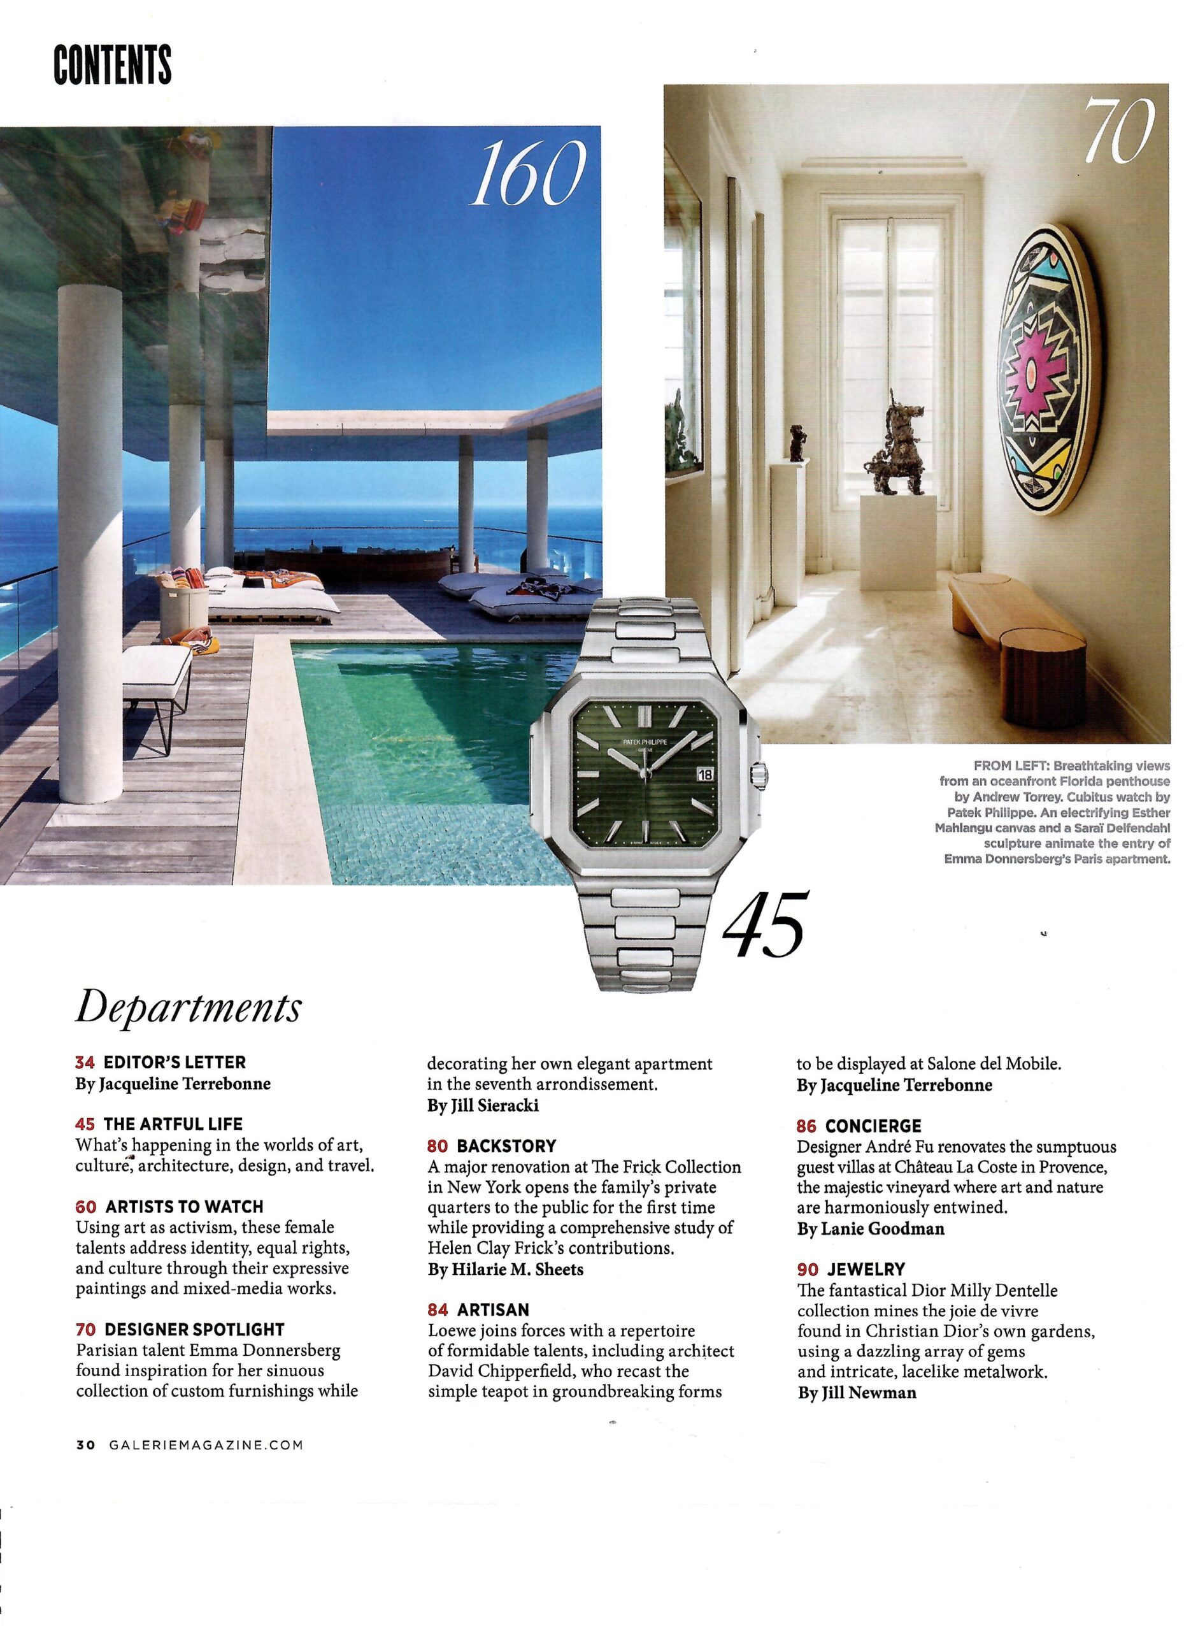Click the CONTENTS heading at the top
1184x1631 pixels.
pyautogui.click(x=113, y=65)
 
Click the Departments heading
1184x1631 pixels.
pyautogui.click(x=188, y=1009)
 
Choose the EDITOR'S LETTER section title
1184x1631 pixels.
pyautogui.click(x=175, y=1062)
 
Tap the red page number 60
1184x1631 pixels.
pyautogui.click(x=85, y=1206)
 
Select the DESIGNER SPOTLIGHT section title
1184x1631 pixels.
pyautogui.click(x=194, y=1329)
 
